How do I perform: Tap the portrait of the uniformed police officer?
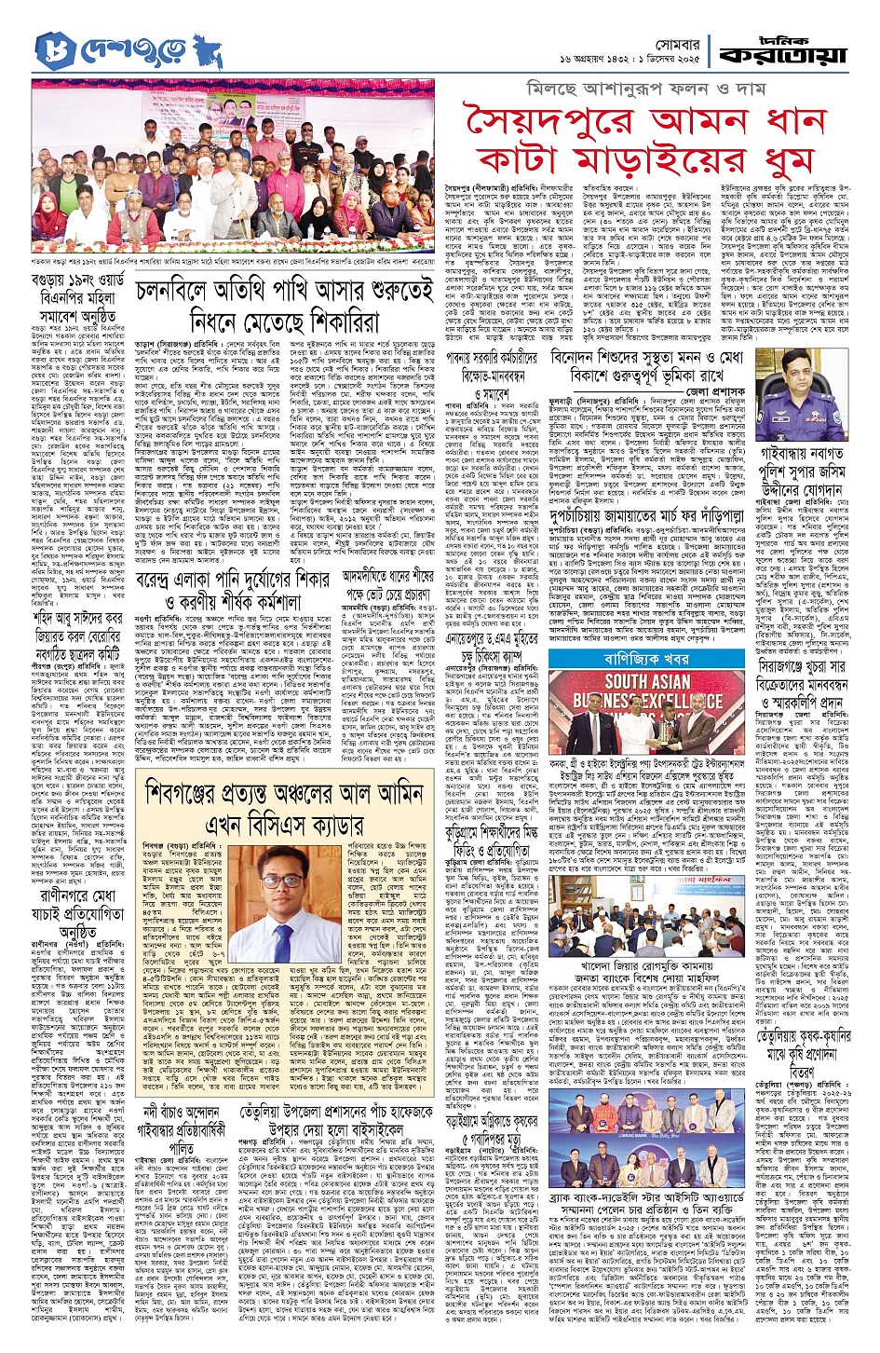click(x=800, y=387)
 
